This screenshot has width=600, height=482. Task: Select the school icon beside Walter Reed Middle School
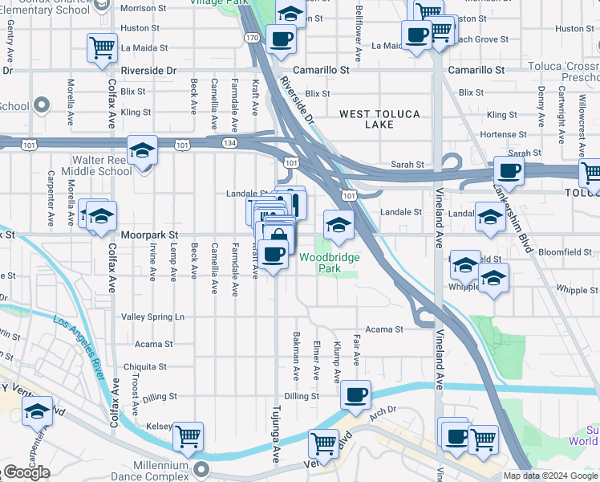click(x=142, y=151)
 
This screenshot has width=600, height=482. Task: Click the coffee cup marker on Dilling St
click(x=355, y=394)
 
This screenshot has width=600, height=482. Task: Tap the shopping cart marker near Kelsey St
click(x=188, y=436)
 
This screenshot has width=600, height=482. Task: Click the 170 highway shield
click(x=252, y=38)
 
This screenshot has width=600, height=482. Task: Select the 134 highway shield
click(x=229, y=143)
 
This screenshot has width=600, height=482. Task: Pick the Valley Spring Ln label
click(x=152, y=317)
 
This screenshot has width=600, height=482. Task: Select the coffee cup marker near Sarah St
click(x=509, y=170)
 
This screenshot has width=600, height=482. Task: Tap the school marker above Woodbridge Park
click(x=339, y=225)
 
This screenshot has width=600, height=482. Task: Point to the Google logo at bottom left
click(x=26, y=473)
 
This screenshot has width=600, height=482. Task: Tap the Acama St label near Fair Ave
click(x=384, y=329)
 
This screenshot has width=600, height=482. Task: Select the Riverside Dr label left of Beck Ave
click(x=148, y=71)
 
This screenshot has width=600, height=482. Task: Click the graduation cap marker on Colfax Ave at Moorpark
click(x=102, y=216)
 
